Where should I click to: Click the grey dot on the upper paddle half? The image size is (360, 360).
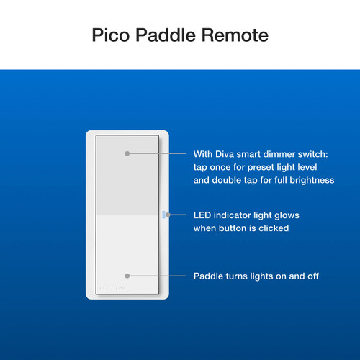click(x=127, y=154)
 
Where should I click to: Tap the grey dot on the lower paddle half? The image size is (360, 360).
click(x=127, y=276)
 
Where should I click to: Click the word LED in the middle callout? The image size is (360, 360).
click(x=204, y=215)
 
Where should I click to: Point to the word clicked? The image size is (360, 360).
click(x=274, y=228)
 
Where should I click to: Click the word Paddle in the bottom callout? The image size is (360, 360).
click(x=210, y=276)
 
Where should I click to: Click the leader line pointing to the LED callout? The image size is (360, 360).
click(x=178, y=215)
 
